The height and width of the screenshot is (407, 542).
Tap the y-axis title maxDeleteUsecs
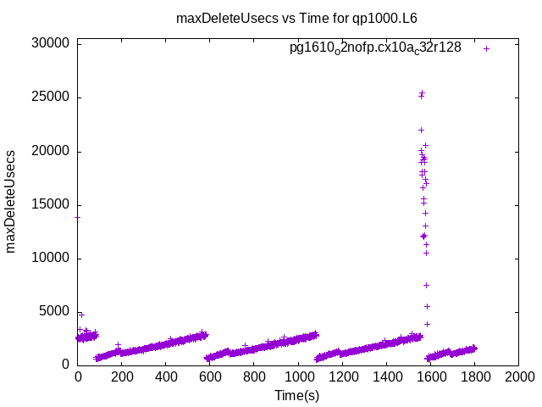click(11, 201)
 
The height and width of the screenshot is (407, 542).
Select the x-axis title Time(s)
click(296, 395)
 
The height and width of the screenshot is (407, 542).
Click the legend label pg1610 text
click(375, 48)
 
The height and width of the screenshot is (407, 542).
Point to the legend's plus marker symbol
click(486, 48)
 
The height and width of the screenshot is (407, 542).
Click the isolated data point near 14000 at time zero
click(78, 217)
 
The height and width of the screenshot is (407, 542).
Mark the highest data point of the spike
click(422, 93)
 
